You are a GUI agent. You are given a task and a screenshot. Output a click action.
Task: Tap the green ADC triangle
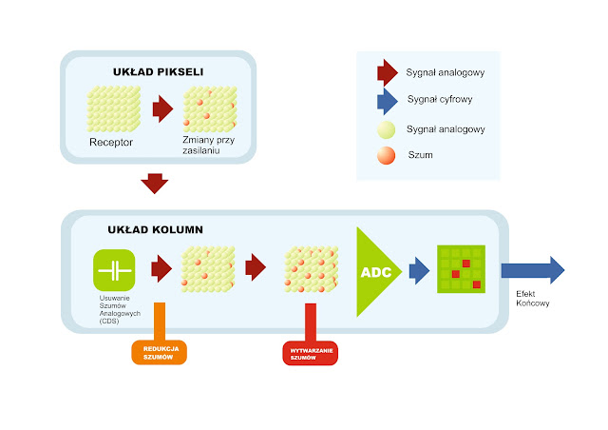[x=376, y=271]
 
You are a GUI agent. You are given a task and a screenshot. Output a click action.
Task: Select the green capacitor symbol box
[x=114, y=270]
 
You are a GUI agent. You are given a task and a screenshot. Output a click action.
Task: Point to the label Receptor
[x=111, y=142]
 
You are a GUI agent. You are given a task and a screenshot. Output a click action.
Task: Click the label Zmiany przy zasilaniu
[x=210, y=147]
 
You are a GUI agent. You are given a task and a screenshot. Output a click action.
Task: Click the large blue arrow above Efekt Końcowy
[x=532, y=270]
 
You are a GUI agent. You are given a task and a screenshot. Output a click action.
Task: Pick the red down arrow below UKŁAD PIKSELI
[x=153, y=182]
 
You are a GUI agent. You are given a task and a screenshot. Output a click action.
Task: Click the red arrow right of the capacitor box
[x=161, y=269]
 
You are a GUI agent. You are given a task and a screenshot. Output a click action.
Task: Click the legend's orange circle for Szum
[x=387, y=154]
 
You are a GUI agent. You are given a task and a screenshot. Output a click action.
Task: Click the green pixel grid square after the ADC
[x=461, y=269]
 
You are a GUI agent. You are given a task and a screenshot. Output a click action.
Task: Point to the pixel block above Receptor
[x=114, y=108]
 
